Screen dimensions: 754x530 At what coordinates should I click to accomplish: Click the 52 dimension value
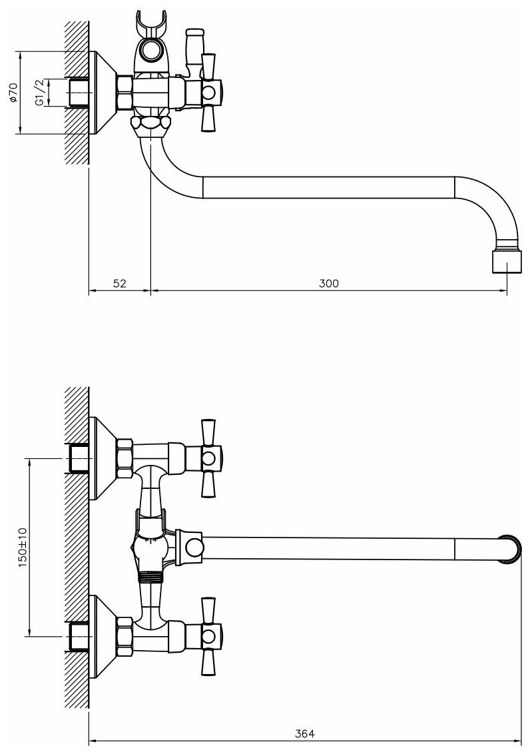point(119,283)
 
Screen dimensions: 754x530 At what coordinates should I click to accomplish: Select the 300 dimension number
point(328,283)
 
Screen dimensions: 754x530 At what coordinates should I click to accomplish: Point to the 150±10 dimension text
point(22,546)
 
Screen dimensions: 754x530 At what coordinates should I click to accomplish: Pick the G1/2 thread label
point(41,91)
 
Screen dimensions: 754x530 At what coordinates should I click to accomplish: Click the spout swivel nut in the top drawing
point(152,124)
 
